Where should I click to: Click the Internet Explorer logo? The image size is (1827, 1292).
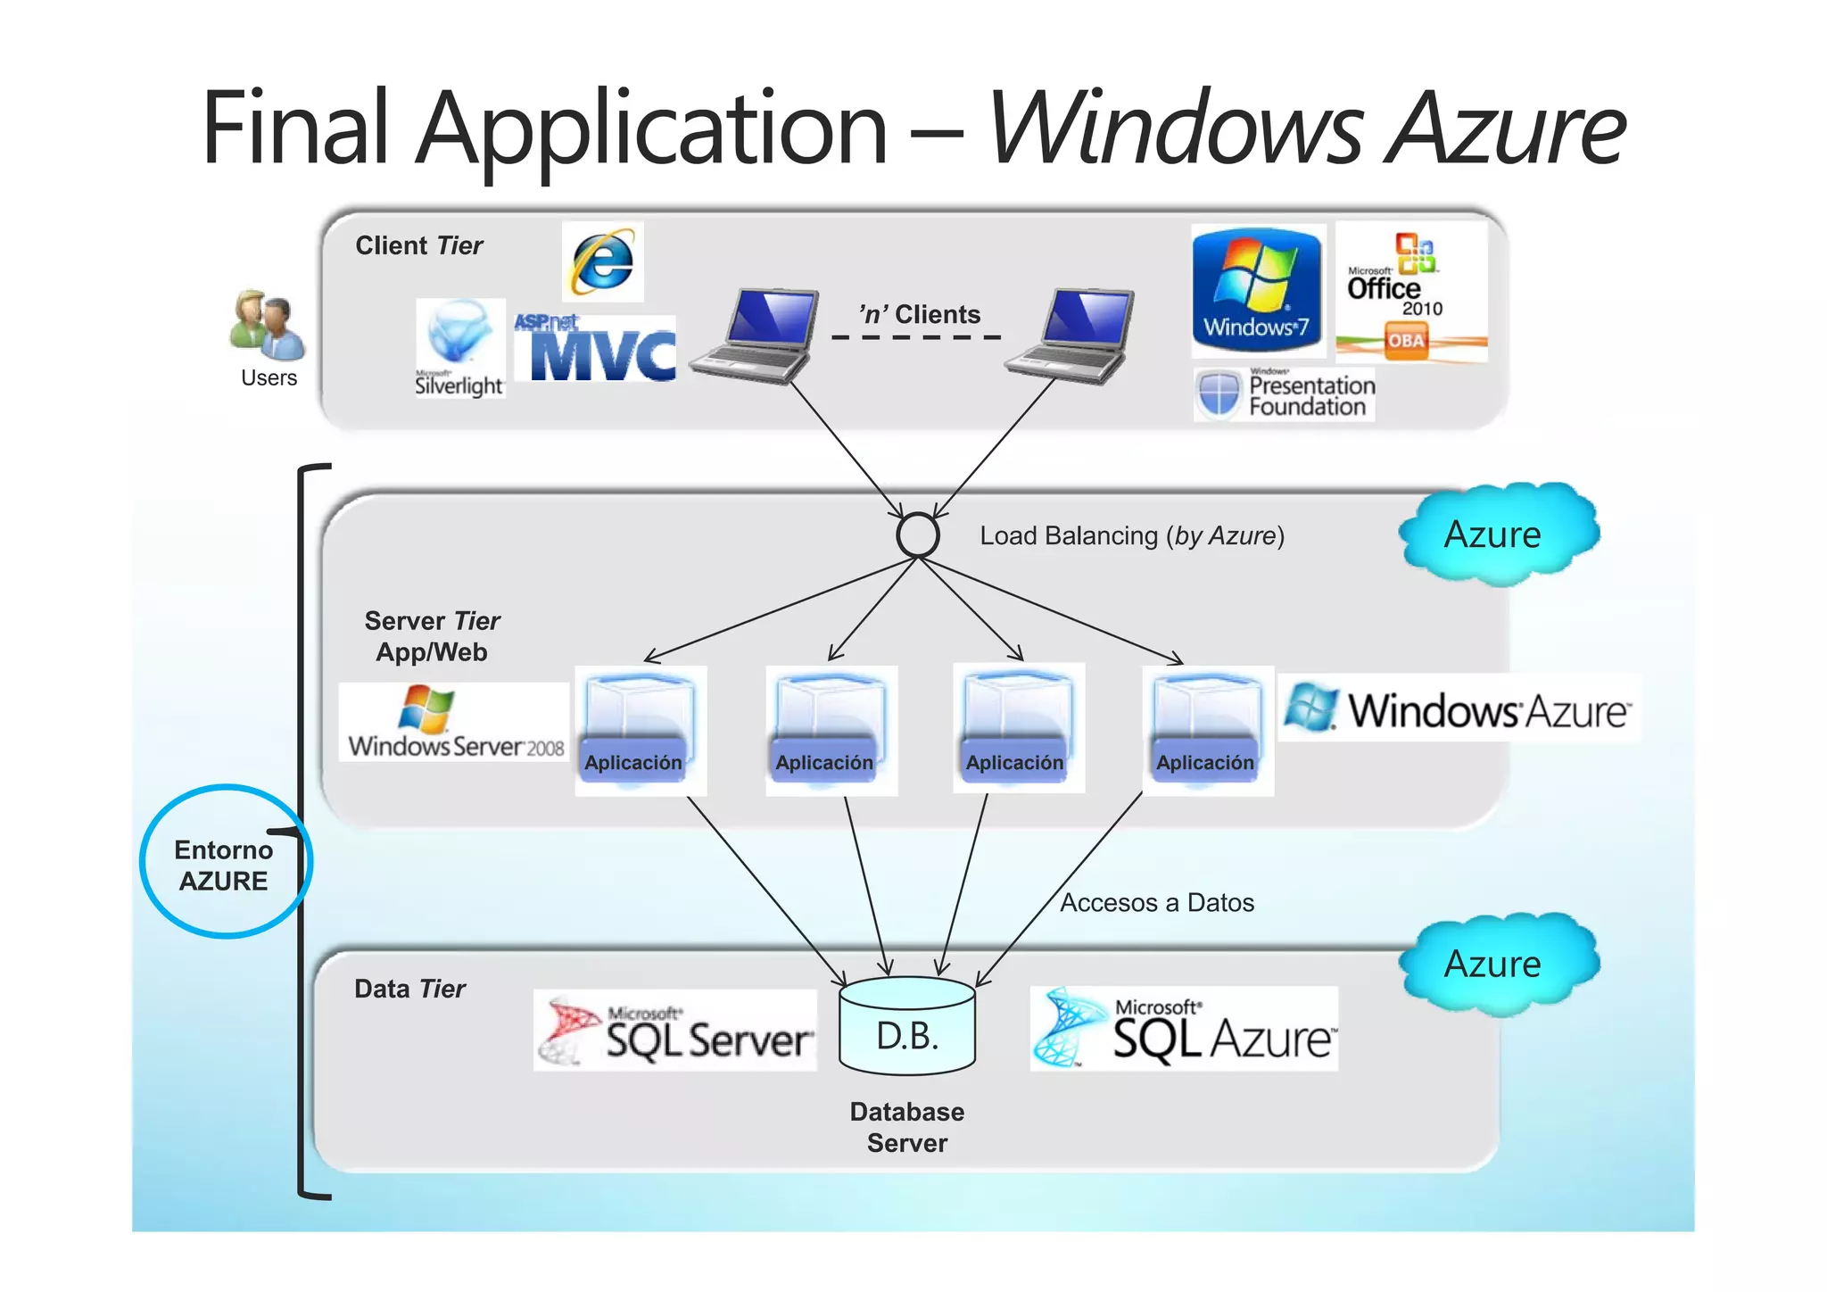(603, 262)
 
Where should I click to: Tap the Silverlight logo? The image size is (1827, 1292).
(460, 349)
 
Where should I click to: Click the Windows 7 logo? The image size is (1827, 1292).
(1258, 291)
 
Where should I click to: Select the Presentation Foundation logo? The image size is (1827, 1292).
(1285, 395)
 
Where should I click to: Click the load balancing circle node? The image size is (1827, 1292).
(917, 535)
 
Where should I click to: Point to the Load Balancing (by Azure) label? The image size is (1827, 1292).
(1131, 536)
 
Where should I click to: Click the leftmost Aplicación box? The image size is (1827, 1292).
(640, 731)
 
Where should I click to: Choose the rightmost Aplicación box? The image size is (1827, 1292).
(1208, 731)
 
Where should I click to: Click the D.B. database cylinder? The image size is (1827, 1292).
(907, 1026)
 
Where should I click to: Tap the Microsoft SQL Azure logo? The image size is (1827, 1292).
(1184, 1029)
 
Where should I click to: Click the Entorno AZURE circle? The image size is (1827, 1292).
(225, 862)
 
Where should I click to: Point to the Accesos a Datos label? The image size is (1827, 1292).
(1156, 903)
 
